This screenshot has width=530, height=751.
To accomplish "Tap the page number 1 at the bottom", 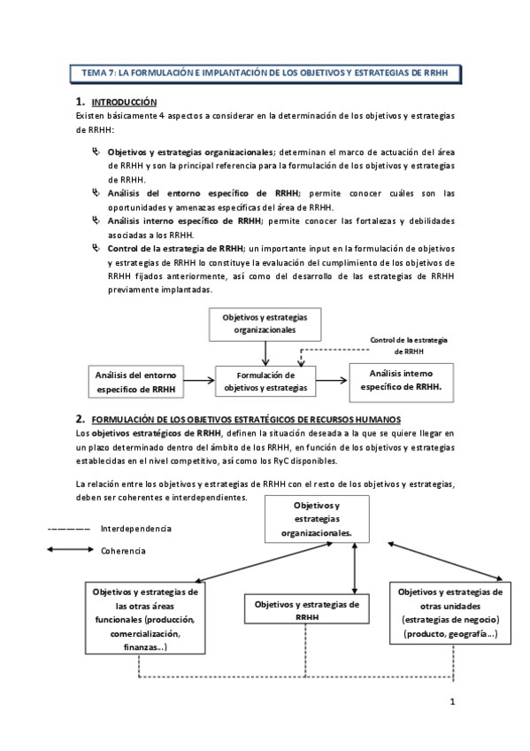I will coord(451,703).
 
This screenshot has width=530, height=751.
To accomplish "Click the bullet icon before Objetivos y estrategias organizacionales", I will coord(96,151).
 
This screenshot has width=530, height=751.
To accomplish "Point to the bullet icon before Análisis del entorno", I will coord(96,190).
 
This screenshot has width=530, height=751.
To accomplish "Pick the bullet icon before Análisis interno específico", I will coord(96,220).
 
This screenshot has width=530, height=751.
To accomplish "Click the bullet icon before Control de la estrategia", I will coord(96,248).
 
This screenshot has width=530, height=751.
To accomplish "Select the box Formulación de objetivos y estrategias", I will coord(265,381).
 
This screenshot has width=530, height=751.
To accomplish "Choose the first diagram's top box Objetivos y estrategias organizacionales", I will coord(265,323).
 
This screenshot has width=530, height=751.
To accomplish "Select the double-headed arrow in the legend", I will coord(69,550).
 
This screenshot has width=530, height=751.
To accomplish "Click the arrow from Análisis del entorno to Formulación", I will coord(200,382).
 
